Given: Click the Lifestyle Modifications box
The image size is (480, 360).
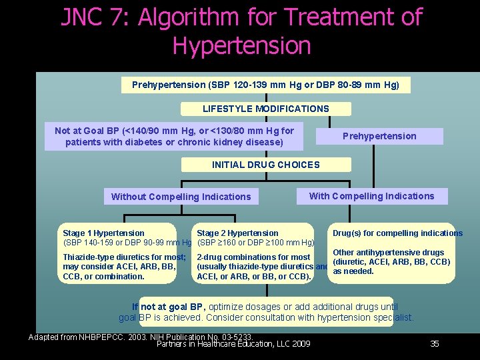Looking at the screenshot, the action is (265, 109).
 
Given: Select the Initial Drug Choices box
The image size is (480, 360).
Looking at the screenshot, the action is (265, 165).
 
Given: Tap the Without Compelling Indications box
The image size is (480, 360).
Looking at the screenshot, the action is (181, 197).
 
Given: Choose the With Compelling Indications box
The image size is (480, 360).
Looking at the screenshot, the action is (371, 196).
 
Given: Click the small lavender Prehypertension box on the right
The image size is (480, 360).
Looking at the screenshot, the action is (379, 136).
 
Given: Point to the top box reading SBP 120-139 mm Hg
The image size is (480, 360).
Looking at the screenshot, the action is (265, 85).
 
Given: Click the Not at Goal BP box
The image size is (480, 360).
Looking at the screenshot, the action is (174, 137).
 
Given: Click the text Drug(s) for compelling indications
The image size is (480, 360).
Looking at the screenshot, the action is (397, 233).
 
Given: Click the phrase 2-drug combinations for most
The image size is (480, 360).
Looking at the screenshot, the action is (254, 257).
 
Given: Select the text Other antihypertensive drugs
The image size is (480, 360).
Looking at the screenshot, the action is (388, 253).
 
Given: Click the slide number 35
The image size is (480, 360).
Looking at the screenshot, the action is (435, 344).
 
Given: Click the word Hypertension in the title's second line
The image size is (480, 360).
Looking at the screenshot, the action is (241, 46).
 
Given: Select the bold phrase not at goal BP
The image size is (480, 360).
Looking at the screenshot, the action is (173, 307).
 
